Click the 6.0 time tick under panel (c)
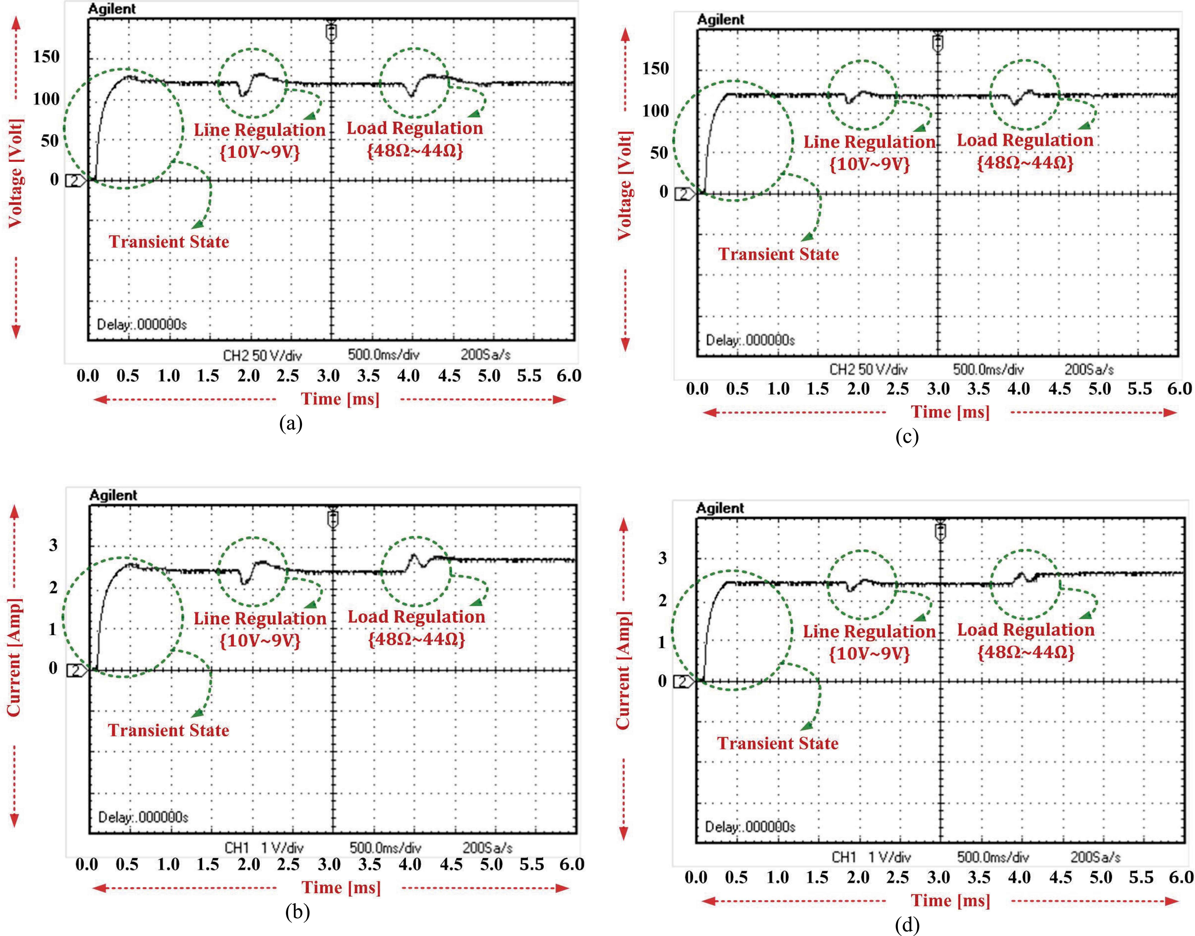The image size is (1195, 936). coord(1179,389)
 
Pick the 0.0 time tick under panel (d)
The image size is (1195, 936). coord(696,877)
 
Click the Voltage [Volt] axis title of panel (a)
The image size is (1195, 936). coord(15,173)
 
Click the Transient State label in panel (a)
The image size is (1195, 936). coord(169,242)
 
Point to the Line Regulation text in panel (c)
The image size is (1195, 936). coord(869,142)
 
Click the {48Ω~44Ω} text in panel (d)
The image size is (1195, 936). coord(1026,653)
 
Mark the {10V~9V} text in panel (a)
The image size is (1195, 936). coord(260,152)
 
